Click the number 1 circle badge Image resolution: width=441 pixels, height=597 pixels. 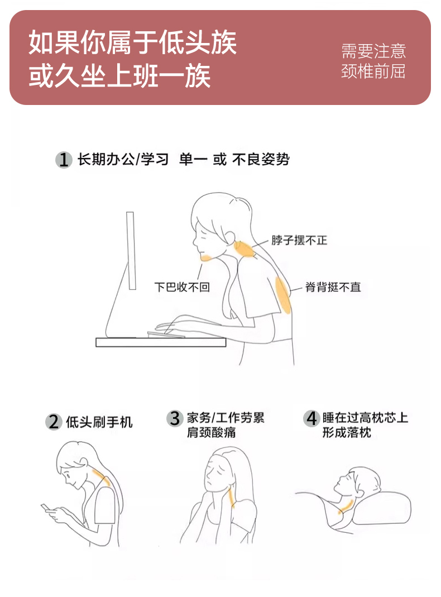[x=64, y=160]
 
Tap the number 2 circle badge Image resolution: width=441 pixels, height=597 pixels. [x=54, y=422]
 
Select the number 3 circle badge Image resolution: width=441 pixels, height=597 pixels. [x=175, y=418]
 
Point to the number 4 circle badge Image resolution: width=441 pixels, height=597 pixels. [x=311, y=418]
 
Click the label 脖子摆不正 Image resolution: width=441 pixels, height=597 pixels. [x=299, y=240]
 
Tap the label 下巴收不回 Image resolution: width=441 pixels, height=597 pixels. [x=182, y=286]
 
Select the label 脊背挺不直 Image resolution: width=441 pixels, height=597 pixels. [x=333, y=286]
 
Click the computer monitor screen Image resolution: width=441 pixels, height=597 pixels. [x=131, y=251]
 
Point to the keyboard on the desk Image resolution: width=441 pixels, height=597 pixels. [x=166, y=335]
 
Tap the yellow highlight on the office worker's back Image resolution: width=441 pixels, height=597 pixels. [x=283, y=295]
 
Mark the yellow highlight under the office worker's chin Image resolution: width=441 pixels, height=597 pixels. [x=206, y=259]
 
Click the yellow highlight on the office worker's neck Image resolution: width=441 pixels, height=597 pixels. [x=244, y=249]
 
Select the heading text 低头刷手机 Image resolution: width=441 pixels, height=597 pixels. [x=99, y=422]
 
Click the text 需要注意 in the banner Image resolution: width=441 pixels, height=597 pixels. [x=373, y=51]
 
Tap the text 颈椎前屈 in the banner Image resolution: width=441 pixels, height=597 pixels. [x=373, y=71]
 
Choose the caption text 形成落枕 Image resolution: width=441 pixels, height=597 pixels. [x=347, y=432]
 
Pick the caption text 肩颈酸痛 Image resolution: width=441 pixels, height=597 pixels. [x=211, y=432]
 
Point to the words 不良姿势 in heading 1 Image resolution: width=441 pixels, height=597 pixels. [x=261, y=159]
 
